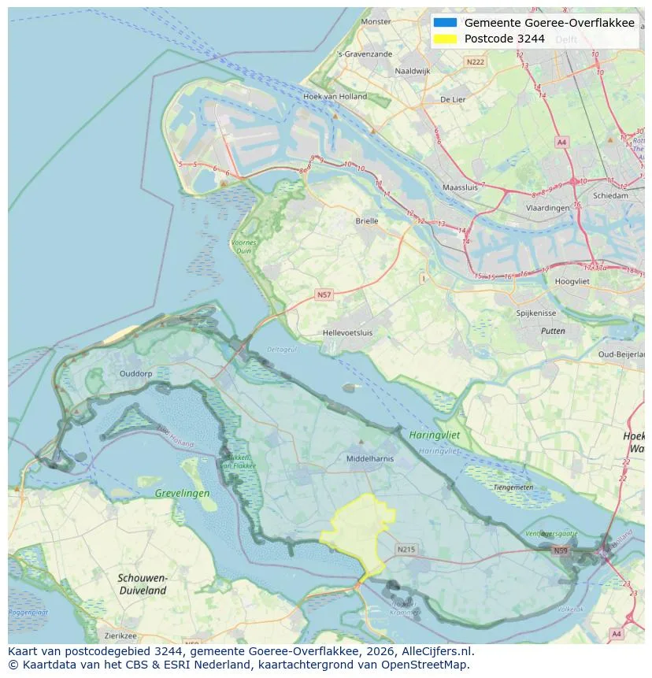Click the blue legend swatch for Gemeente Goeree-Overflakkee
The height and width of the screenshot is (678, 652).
tap(445, 23)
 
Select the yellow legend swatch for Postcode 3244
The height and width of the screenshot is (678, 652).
tap(445, 39)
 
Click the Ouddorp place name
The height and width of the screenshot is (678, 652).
tap(135, 373)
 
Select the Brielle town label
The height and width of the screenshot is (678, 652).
tap(366, 221)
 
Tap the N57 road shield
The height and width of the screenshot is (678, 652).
tap(324, 295)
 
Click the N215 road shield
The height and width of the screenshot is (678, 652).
tap(406, 549)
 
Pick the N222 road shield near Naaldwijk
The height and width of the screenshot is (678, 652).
tap(475, 61)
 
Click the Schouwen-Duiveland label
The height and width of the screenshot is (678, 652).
tap(143, 584)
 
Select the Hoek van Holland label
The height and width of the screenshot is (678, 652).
tap(335, 97)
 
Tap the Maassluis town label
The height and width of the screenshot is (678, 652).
tap(461, 188)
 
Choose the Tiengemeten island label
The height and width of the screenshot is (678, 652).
tap(513, 487)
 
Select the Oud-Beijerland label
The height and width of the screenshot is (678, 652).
tap(624, 354)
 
